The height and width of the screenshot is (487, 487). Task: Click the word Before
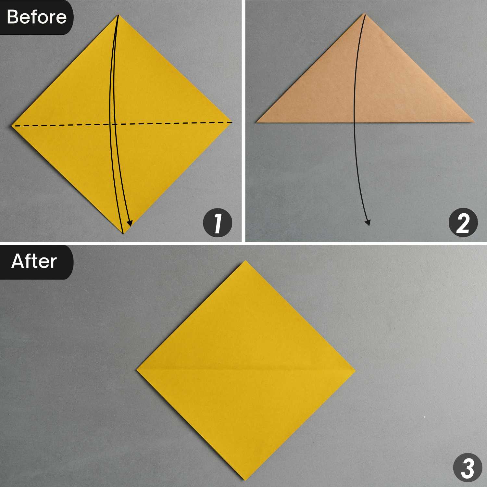coord(36,17)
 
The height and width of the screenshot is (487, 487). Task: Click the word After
coord(34,261)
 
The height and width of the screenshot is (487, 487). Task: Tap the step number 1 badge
coord(218,223)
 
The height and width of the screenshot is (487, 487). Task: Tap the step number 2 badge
coord(463,223)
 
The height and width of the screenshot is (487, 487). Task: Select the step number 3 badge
coord(468,468)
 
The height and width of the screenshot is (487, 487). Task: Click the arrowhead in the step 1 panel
coord(130,223)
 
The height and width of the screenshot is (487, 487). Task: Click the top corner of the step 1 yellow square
coord(118,15)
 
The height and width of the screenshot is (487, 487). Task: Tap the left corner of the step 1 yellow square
coord(12,125)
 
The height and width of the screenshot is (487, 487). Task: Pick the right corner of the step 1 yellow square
coord(233,122)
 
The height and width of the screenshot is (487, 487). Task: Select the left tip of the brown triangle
coord(256,122)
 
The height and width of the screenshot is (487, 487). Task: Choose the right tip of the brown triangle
coord(474,121)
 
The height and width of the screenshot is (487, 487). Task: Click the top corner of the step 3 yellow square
coord(246,260)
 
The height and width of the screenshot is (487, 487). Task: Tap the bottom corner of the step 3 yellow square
coord(245,480)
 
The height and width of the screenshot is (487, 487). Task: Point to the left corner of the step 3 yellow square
coord(136,369)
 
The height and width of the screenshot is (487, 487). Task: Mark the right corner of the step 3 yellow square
coord(355,370)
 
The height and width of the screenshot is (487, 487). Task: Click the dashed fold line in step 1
coord(122,124)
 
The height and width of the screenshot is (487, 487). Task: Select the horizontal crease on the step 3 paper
coord(246,370)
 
